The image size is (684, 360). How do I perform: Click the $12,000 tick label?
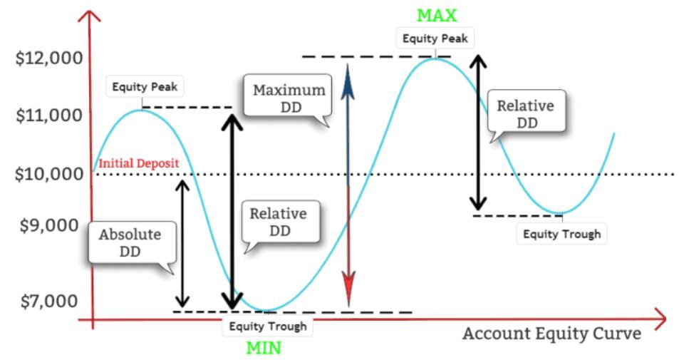coord(49,58)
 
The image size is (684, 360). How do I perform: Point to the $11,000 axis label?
coord(49,115)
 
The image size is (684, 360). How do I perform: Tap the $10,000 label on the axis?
coord(49,174)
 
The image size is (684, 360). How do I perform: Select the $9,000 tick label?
coord(49,225)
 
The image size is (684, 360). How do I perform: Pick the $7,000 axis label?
coord(49,301)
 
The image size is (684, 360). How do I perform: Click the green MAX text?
coord(437,16)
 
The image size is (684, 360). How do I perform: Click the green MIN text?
coord(264,348)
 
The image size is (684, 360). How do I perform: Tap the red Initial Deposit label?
coord(139,163)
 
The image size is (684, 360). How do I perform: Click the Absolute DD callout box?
coord(133,243)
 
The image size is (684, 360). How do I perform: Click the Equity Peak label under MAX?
coord(435,38)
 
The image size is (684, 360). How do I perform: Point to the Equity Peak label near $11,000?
coord(145,86)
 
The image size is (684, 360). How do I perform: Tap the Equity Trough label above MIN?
coord(268,326)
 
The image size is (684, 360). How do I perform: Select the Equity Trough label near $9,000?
coord(562,234)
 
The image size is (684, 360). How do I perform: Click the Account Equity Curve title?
coord(551,334)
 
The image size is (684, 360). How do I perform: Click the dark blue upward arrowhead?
coord(348,81)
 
